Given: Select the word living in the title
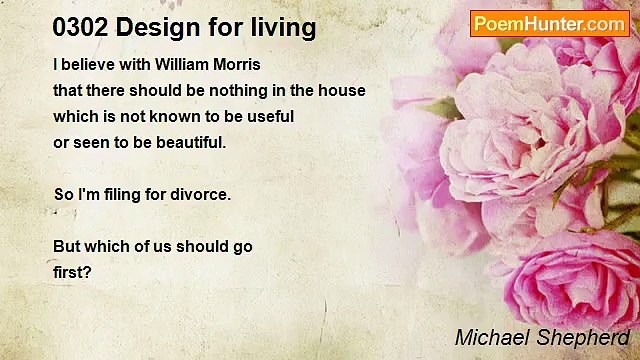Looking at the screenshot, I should point(283,28).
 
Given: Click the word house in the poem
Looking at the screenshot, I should point(343,90).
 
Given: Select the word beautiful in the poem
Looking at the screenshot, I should point(190,142).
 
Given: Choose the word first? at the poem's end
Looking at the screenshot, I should point(72,272).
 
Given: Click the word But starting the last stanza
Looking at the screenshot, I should point(67,246).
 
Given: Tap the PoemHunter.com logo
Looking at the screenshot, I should point(549,23).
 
